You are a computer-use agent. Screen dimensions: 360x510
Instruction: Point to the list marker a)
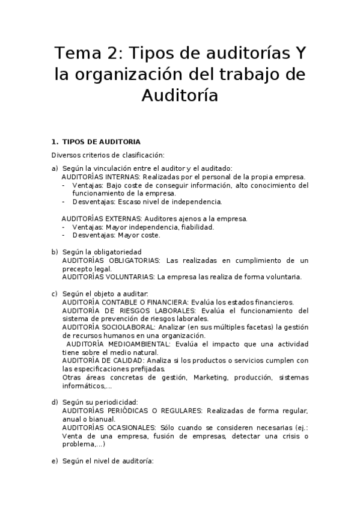[55, 168]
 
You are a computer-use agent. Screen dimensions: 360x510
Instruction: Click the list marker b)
[55, 252]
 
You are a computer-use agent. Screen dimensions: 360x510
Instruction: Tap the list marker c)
[55, 293]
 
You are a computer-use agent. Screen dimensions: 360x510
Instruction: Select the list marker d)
[55, 402]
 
